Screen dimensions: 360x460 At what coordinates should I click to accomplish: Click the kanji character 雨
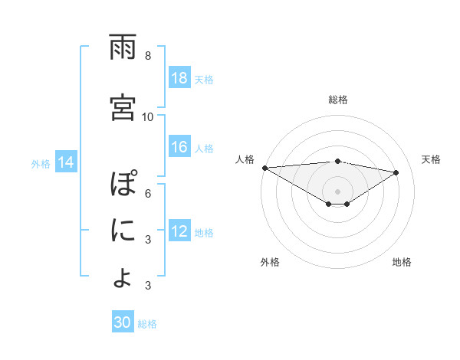click(x=123, y=48)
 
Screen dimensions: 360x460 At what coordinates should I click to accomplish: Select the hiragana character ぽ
click(x=123, y=186)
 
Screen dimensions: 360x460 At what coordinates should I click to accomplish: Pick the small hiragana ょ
click(x=123, y=277)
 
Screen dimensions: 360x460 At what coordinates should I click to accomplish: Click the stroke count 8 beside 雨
click(x=148, y=56)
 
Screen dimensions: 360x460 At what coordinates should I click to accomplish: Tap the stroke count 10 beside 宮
click(x=148, y=117)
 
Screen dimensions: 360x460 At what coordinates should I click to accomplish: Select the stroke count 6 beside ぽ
click(x=148, y=194)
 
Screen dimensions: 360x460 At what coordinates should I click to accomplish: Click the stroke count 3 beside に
click(x=148, y=240)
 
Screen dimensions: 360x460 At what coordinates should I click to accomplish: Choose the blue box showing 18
click(x=179, y=78)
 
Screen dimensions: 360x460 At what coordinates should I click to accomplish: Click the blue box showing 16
click(x=179, y=147)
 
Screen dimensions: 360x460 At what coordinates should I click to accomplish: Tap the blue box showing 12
click(x=179, y=231)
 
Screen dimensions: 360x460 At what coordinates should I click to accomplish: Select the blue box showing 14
click(x=66, y=162)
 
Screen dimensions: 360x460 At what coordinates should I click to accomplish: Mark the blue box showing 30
click(x=123, y=323)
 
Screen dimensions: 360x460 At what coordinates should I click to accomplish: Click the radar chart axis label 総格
click(x=338, y=100)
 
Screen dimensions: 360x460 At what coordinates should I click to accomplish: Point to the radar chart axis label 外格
click(x=270, y=262)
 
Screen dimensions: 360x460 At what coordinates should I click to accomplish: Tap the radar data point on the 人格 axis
click(x=264, y=168)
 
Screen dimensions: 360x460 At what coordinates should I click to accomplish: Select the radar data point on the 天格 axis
click(x=396, y=173)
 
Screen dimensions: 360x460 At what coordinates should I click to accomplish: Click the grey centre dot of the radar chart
click(x=337, y=190)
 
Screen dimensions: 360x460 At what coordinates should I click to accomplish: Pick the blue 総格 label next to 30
click(x=148, y=324)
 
